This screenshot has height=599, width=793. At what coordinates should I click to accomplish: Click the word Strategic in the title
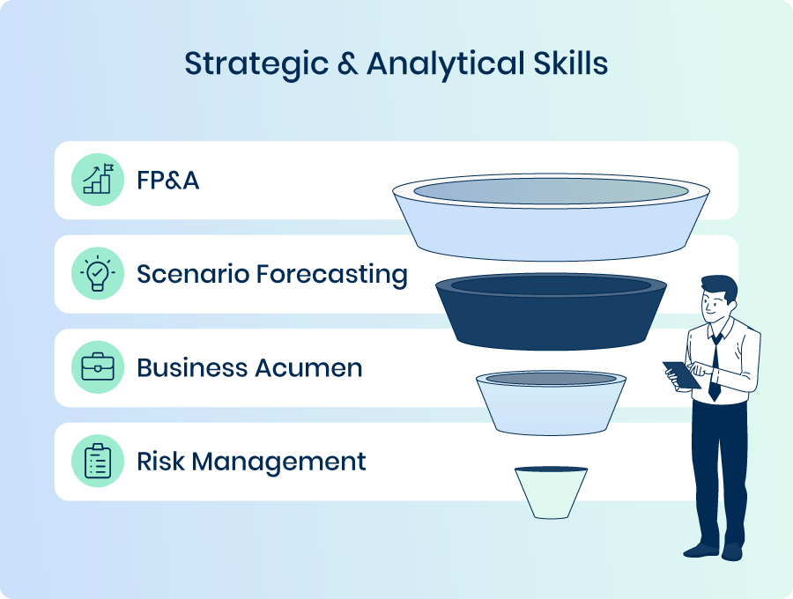point(256,64)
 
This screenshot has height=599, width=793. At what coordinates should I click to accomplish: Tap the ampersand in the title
point(347,63)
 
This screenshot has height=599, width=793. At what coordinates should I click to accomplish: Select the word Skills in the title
point(570,63)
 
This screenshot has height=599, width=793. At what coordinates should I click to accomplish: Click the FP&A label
point(168,181)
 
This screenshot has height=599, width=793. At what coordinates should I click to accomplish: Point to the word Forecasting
point(332,275)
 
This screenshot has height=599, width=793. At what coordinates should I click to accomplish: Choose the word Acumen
point(308,368)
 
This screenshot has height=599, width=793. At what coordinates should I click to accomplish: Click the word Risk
point(160,461)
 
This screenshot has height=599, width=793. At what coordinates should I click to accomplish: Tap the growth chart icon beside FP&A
point(98,179)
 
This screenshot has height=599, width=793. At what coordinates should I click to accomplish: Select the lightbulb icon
point(98,273)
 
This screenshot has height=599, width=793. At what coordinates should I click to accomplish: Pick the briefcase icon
point(98,366)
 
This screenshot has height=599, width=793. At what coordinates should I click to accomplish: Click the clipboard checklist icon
point(98,461)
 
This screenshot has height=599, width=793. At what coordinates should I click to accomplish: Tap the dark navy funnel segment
point(552,312)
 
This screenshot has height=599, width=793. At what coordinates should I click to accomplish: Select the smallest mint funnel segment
point(552,492)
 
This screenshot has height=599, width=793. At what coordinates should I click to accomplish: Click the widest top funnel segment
point(552,218)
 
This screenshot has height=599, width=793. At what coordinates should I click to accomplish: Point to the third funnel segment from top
point(552,403)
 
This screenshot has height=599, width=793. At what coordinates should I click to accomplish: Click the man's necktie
point(715,367)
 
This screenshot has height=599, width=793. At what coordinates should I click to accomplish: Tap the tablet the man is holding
point(682,374)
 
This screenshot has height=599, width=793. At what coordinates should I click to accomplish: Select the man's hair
point(720,287)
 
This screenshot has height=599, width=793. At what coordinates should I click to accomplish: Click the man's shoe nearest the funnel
point(700,551)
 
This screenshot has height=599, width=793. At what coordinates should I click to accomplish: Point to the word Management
point(278,462)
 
